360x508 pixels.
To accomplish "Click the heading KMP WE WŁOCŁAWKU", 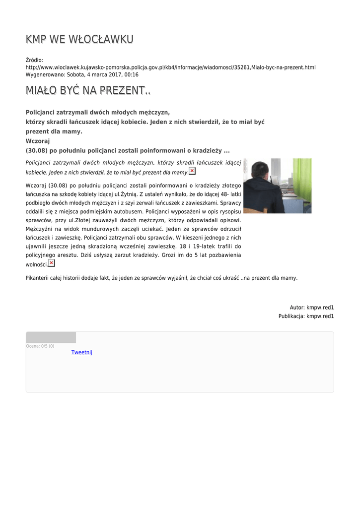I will click(79, 39).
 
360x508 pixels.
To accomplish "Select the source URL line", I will click(170, 67).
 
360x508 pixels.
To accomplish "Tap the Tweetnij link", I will click(81, 352).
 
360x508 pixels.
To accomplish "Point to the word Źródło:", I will click(34, 61).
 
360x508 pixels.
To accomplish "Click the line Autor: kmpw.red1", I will click(311, 308).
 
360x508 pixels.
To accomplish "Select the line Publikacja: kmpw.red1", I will click(306, 316).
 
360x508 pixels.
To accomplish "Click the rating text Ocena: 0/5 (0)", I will click(40, 346).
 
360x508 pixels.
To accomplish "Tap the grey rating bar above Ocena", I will click(51, 337).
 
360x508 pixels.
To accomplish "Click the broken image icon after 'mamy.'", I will click(192, 171).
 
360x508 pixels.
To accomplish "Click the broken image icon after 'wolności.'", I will click(52, 263).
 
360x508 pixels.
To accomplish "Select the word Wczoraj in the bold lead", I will click(34, 141).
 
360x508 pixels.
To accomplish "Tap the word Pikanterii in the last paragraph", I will click(38, 278).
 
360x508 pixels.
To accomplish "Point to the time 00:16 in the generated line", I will click(132, 74).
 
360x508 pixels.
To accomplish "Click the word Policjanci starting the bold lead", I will click(41, 113).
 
